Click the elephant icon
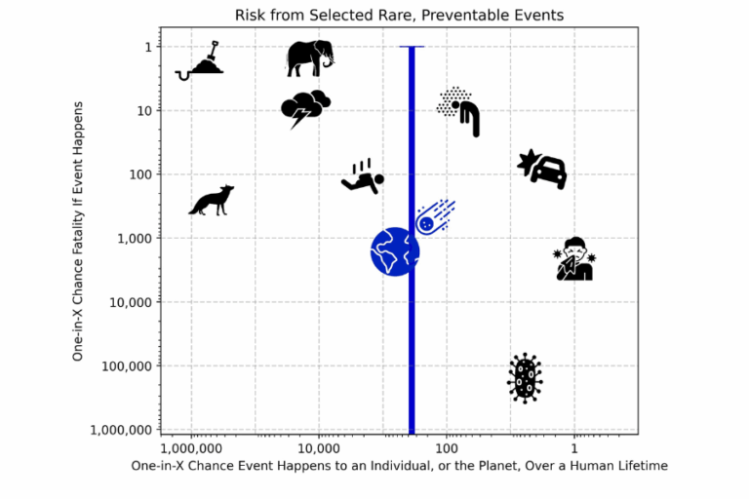coord(310,58)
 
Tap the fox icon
coord(212,200)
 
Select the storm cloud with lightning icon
coord(304,108)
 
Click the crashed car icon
coord(543,169)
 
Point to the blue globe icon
coord(394,251)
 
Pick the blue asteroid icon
coord(435,217)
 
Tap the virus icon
coord(525,377)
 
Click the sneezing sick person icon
coord(574,259)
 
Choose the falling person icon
coord(363,176)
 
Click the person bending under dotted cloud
coord(460,110)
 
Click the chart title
coord(400,15)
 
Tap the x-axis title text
coord(400,466)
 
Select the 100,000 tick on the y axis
coord(125,366)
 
